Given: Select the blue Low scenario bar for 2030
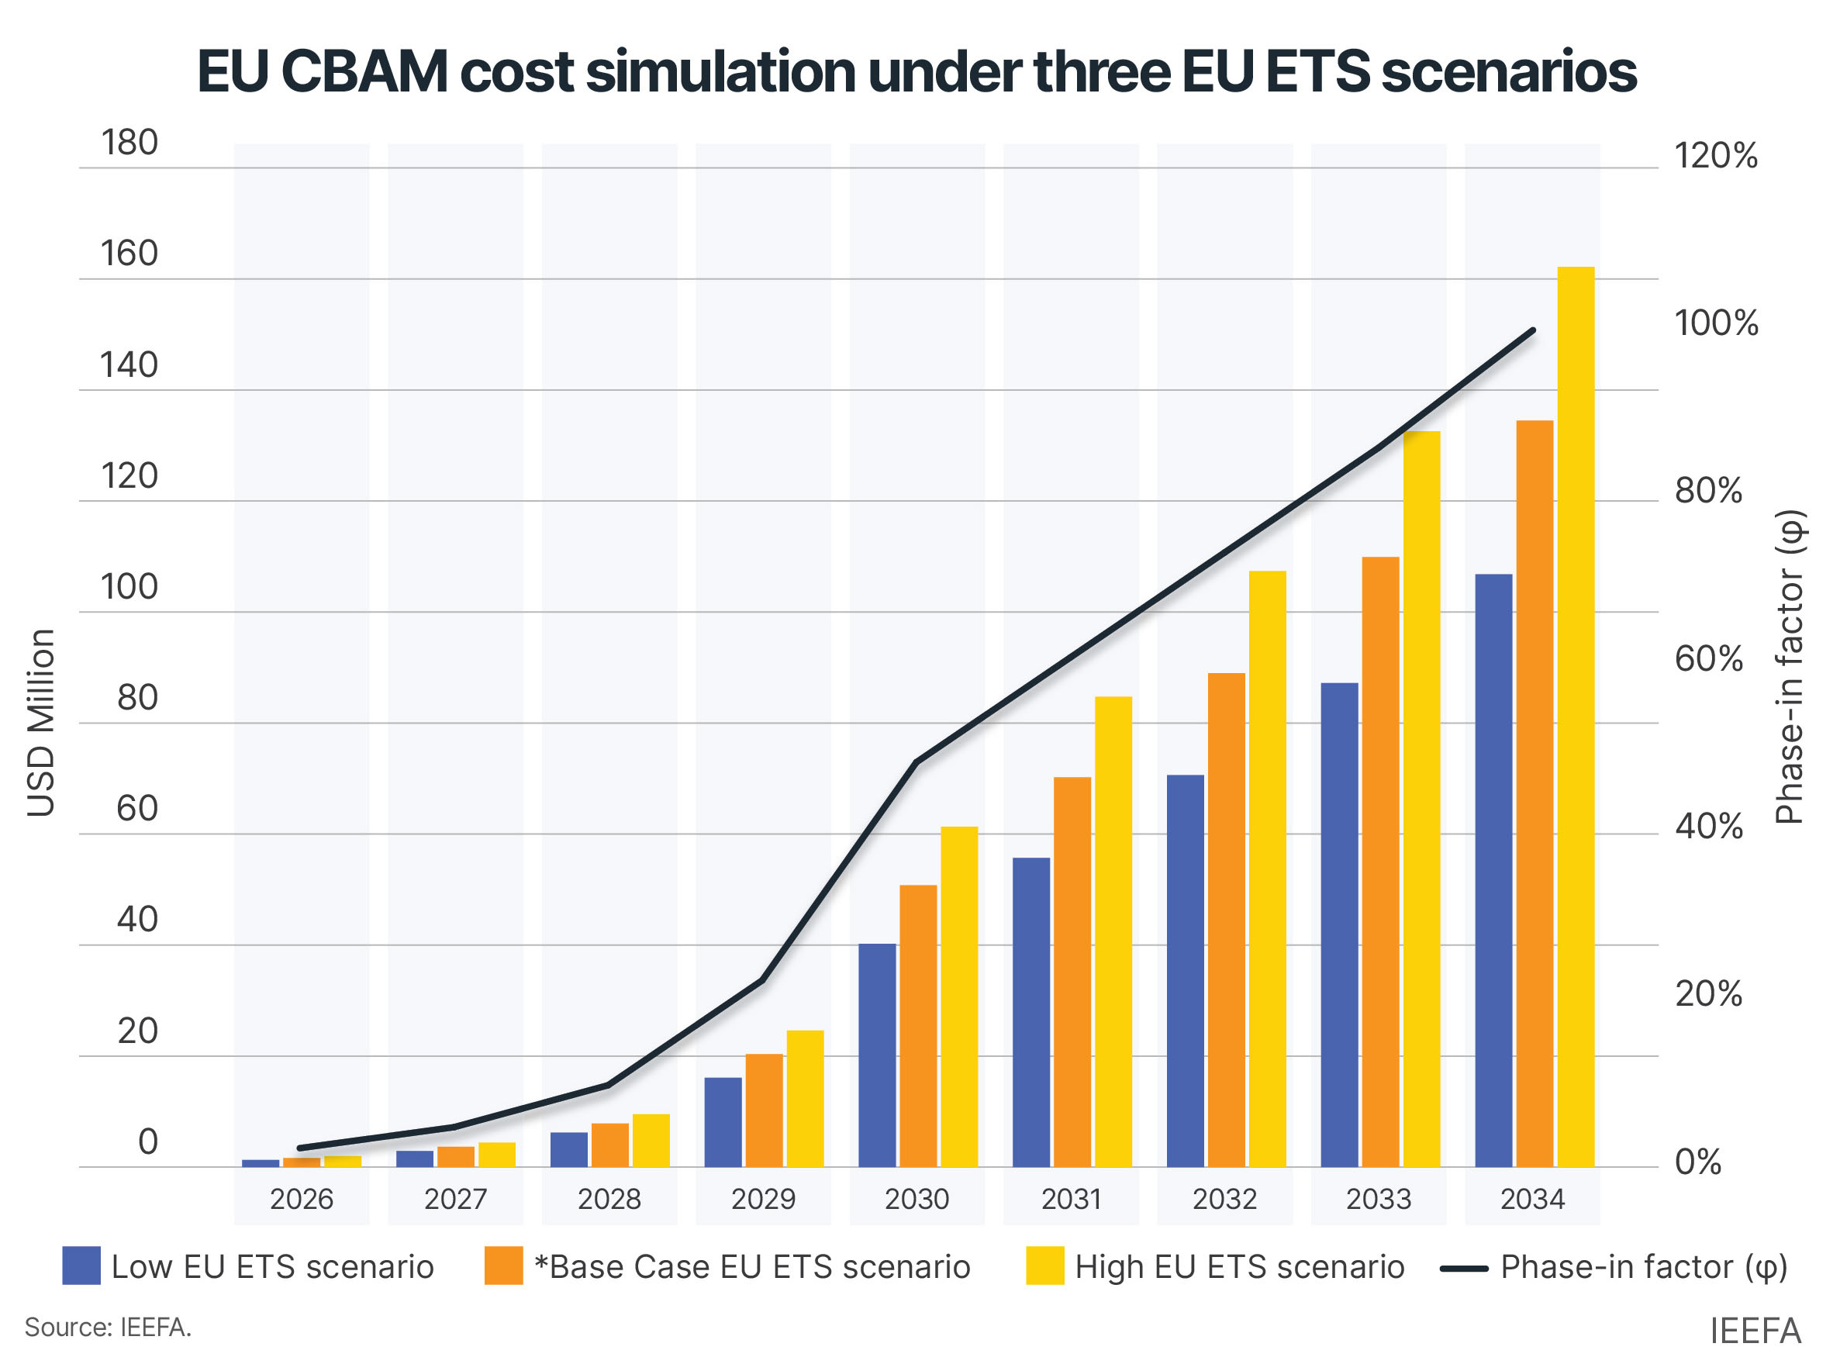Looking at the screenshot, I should [x=876, y=1055].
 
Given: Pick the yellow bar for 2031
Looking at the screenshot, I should [x=1112, y=931].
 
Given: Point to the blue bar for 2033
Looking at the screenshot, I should [x=1338, y=924].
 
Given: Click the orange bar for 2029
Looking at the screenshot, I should [x=764, y=1110].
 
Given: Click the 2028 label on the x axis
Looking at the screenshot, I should [x=609, y=1198].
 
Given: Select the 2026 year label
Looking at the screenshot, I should [x=302, y=1198].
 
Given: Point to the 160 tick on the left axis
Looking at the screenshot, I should [x=129, y=253].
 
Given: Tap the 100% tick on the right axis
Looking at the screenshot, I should [x=1714, y=323].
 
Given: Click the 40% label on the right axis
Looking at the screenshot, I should [x=1707, y=827].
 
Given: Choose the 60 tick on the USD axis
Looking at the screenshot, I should [x=137, y=807].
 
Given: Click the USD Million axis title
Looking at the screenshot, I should [x=40, y=722].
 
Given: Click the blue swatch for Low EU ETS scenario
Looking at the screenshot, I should [x=81, y=1266].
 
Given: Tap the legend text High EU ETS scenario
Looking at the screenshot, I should [x=1238, y=1266].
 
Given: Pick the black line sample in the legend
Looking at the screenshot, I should [x=1462, y=1268].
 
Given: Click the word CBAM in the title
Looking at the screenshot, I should [x=364, y=71].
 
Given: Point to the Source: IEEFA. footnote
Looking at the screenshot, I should [x=108, y=1327].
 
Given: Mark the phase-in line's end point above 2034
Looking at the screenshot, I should [x=1532, y=330].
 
